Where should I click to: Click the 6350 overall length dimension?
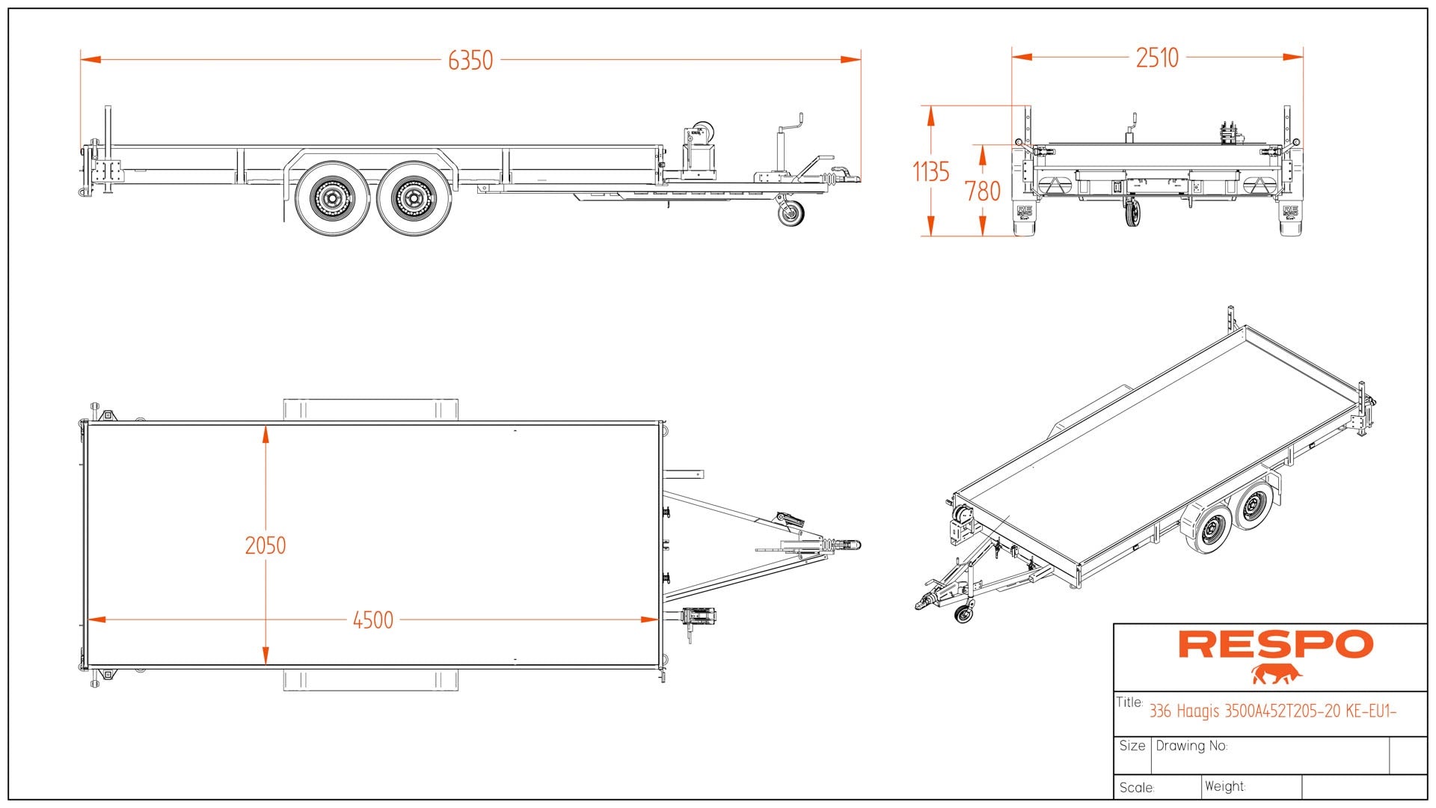(x=470, y=60)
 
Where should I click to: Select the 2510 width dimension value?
(x=1157, y=58)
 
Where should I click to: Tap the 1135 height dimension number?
(x=931, y=172)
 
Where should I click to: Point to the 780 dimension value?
(x=983, y=192)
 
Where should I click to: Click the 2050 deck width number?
(x=266, y=545)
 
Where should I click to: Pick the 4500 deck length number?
(x=373, y=620)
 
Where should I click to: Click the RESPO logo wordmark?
(x=1276, y=644)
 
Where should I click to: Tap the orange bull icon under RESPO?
(x=1277, y=674)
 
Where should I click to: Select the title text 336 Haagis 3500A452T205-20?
(x=1272, y=711)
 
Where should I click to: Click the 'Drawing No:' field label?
(x=1191, y=746)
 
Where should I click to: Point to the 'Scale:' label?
(x=1137, y=788)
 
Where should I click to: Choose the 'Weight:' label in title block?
(x=1225, y=786)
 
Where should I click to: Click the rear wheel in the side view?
(x=332, y=198)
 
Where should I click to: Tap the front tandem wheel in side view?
(x=414, y=198)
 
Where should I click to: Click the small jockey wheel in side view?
(x=791, y=214)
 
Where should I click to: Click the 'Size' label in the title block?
(x=1132, y=746)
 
